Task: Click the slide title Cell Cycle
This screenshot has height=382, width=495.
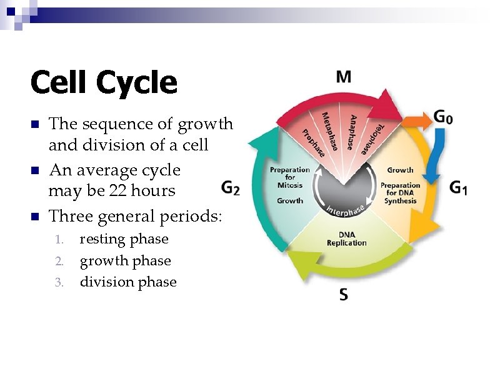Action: tap(104, 82)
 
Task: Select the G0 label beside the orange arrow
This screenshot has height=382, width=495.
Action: tap(443, 117)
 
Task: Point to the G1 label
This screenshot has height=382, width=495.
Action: tap(458, 187)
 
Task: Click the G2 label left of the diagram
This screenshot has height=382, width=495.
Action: tap(231, 188)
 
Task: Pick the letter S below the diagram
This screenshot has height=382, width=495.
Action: tap(344, 294)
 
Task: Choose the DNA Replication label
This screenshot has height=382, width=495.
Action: tap(346, 238)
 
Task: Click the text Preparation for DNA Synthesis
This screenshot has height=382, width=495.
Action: tap(400, 193)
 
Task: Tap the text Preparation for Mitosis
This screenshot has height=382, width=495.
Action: tap(289, 177)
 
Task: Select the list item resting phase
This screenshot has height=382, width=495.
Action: tap(124, 239)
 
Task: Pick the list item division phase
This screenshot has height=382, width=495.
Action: tap(128, 282)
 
